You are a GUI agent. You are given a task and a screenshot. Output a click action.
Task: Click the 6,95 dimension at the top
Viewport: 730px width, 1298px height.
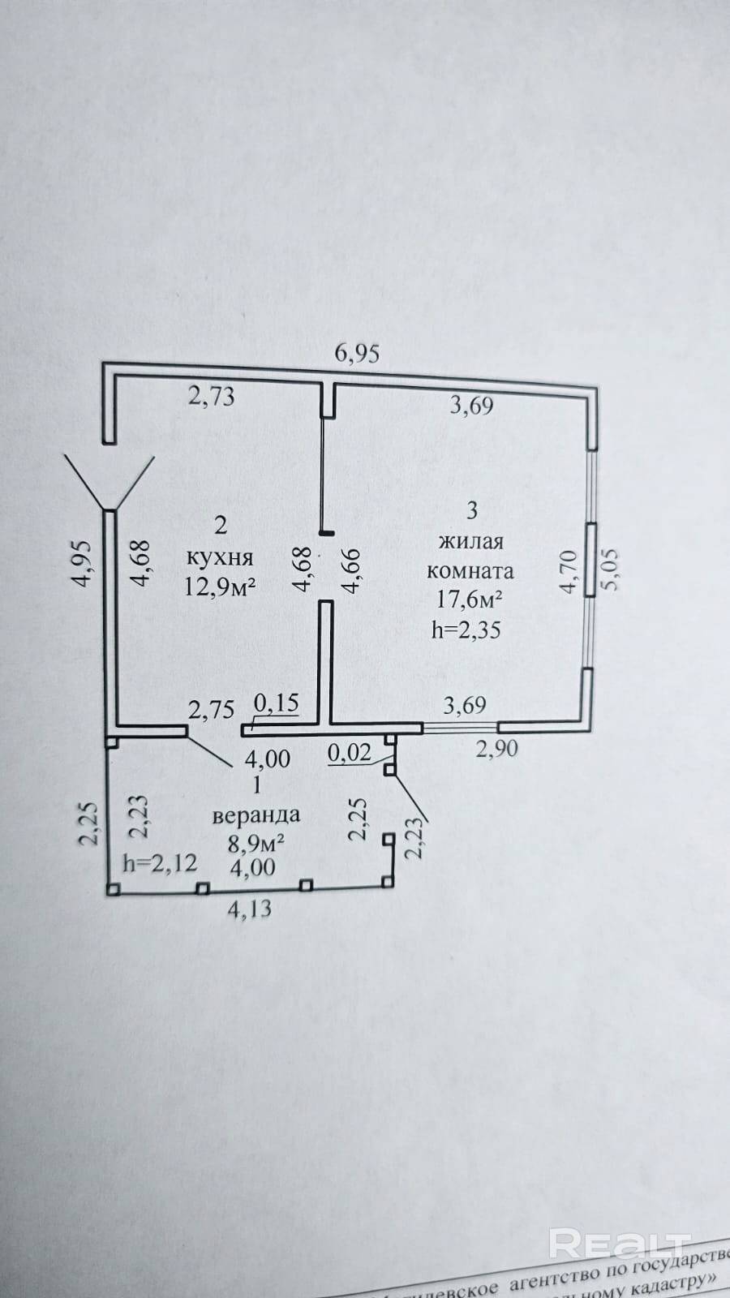pos(357,353)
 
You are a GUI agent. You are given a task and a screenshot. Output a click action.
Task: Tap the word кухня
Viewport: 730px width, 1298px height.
pos(220,557)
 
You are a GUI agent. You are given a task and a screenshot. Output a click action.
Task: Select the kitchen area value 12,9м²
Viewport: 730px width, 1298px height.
pos(220,586)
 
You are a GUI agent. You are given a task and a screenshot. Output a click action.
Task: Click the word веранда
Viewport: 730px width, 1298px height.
pos(255,814)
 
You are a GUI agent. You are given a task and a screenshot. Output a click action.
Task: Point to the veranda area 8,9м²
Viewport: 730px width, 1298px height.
pos(255,843)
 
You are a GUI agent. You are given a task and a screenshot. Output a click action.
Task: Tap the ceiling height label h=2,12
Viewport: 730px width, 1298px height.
pos(159,862)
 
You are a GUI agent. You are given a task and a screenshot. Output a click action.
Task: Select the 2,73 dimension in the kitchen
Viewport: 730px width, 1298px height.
pos(211,396)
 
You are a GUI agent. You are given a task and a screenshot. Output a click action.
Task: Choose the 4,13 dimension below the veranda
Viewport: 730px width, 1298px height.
pos(249,910)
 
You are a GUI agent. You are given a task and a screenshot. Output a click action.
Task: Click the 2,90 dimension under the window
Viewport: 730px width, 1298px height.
pos(496,748)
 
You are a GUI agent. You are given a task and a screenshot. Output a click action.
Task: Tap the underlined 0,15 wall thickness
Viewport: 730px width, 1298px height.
pos(277,703)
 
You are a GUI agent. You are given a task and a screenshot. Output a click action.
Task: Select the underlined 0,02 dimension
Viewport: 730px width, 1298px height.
pos(350,753)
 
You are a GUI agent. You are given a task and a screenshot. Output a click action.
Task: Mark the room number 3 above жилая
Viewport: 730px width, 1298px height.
pos(473,510)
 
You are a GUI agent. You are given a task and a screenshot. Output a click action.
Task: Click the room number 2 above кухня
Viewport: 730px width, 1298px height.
pos(221,525)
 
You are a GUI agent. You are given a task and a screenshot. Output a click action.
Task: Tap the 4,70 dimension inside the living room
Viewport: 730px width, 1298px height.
pos(569,571)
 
